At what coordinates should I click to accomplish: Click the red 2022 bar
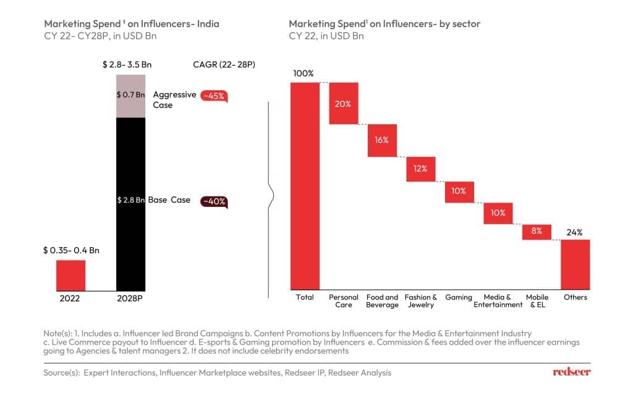(70, 275)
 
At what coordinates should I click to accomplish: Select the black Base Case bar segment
(131, 204)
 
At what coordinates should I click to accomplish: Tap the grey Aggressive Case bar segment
(131, 96)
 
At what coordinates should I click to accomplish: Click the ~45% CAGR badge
(214, 96)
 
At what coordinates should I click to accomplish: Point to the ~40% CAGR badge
(213, 201)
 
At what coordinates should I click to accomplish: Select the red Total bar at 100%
(305, 185)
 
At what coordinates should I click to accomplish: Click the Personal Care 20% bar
(344, 103)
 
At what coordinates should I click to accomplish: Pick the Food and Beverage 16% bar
(382, 140)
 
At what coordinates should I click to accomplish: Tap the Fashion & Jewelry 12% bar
(421, 169)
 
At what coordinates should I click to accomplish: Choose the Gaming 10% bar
(459, 191)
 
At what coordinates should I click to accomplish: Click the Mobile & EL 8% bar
(537, 232)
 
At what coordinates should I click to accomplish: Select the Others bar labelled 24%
(575, 264)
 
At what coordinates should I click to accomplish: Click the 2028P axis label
(131, 297)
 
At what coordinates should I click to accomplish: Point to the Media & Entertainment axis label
(498, 301)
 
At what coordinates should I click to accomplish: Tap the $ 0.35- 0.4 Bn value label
(71, 250)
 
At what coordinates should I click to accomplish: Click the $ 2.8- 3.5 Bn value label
(130, 64)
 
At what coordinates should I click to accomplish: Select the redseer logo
(571, 372)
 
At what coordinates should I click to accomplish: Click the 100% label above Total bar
(304, 73)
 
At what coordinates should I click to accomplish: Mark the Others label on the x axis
(575, 297)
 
